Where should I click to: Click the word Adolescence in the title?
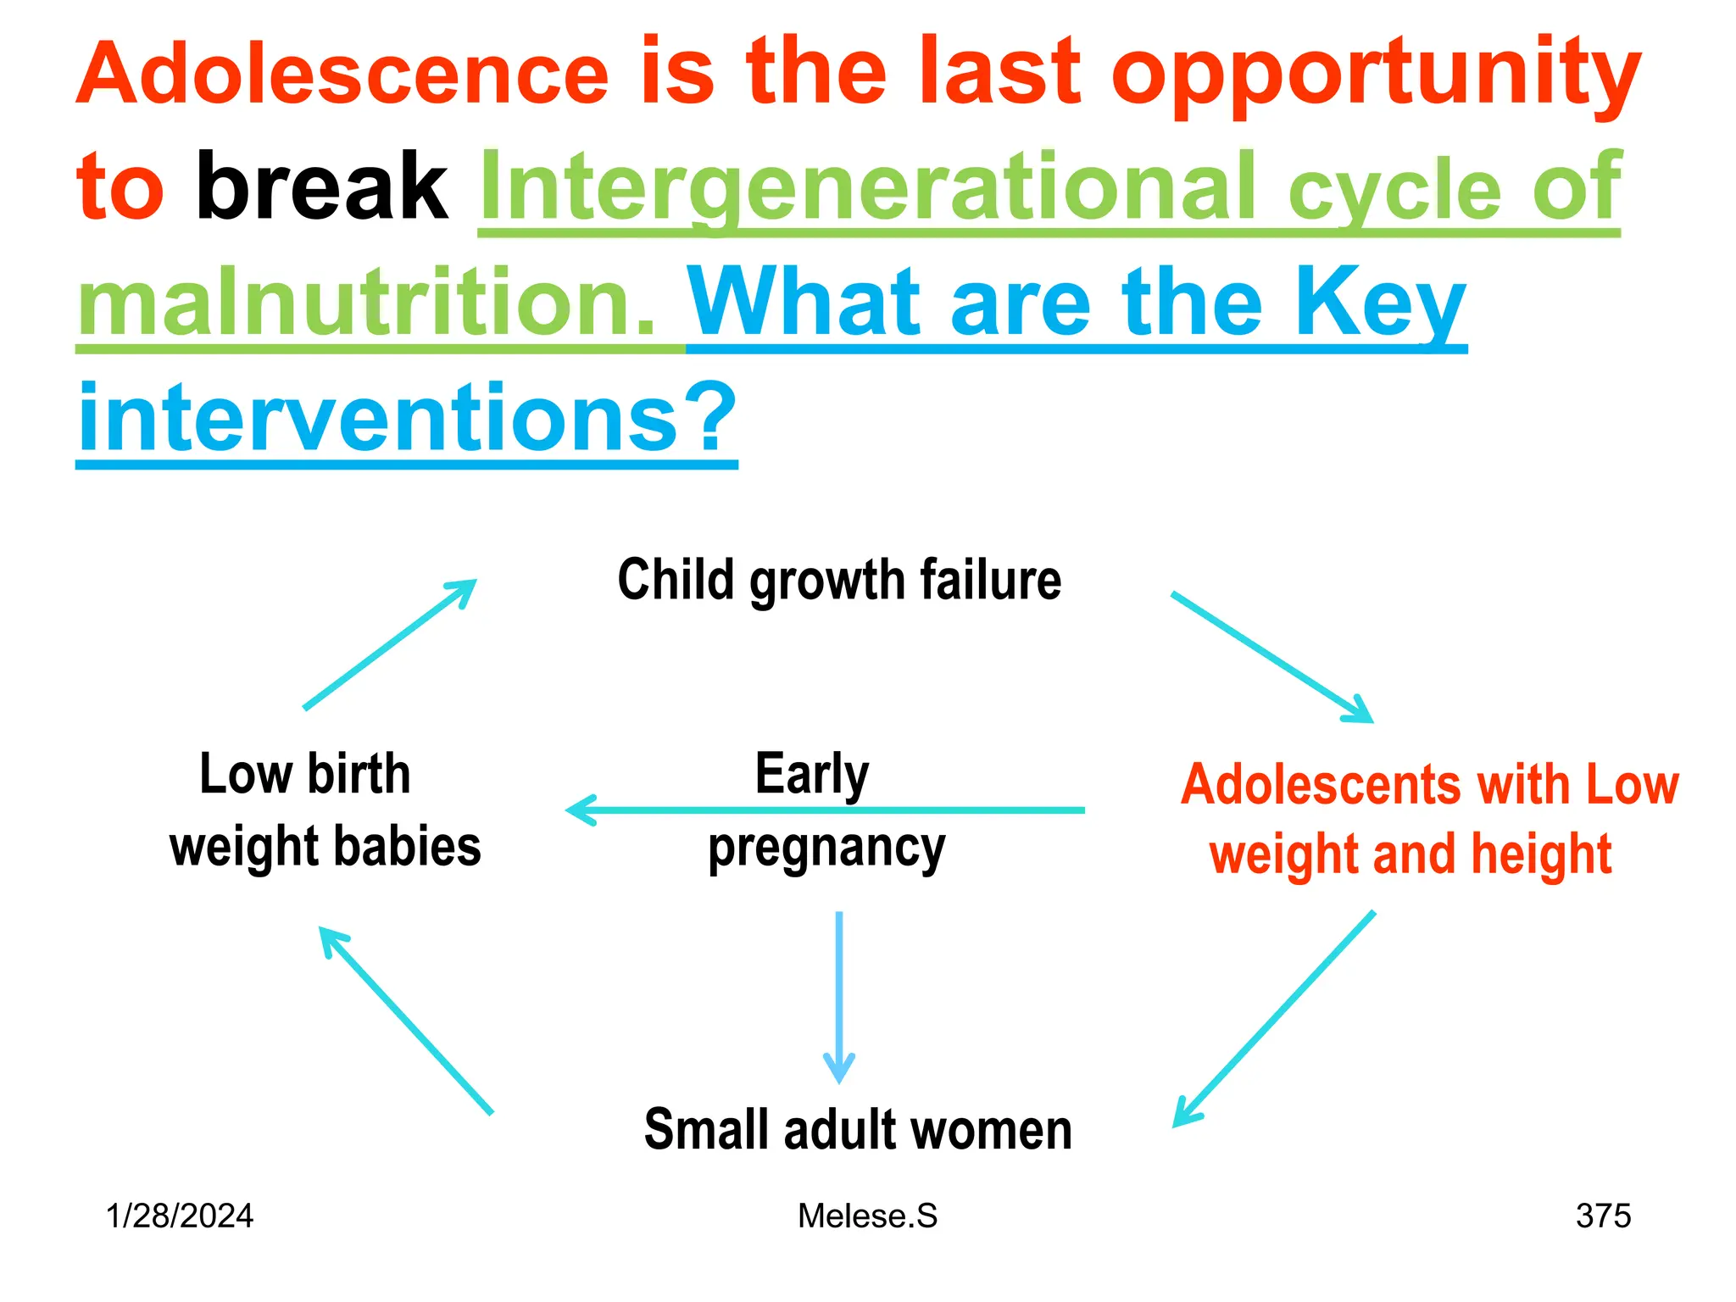tap(343, 75)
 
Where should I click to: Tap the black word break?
tap(321, 186)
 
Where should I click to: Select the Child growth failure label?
tap(839, 581)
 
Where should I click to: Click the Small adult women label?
tap(858, 1130)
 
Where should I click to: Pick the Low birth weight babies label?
tap(325, 810)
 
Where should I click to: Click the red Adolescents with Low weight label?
tap(1429, 819)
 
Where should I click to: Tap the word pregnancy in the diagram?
tap(826, 849)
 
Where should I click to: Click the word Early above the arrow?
tap(811, 774)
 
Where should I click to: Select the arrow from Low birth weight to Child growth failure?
tap(390, 644)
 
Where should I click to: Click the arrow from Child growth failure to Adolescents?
tap(1271, 657)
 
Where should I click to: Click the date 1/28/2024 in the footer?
tap(180, 1216)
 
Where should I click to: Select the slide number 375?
tap(1603, 1216)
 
